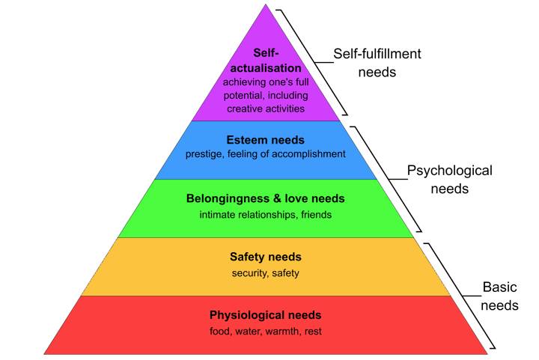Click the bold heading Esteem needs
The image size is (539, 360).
pos(265,140)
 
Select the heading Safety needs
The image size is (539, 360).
pos(265,257)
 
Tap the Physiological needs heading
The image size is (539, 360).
pos(265,315)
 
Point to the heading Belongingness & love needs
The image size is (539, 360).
pos(265,198)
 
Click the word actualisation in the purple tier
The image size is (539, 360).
pos(266,68)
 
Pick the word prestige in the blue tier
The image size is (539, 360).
pos(204,154)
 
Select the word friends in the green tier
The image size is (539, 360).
pos(316,215)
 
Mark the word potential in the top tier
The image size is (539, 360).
pos(244,96)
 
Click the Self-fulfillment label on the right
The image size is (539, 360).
pos(377,54)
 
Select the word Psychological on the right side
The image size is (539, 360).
pos(450,171)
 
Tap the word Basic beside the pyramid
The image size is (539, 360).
pos(499,287)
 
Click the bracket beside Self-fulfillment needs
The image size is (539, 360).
pos(314,63)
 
